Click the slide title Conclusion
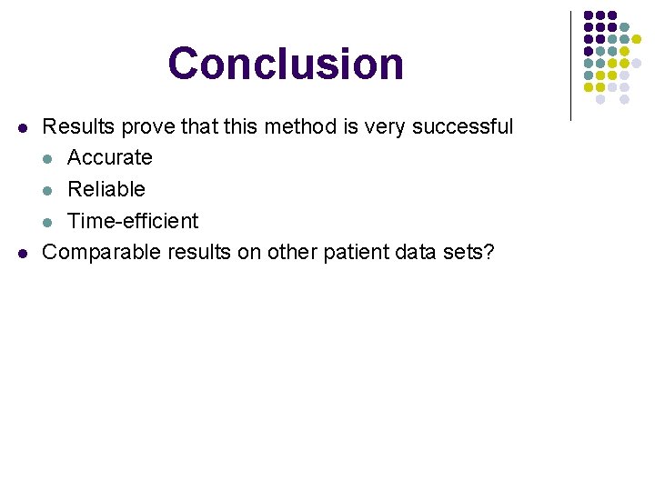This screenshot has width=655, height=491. pyautogui.click(x=286, y=64)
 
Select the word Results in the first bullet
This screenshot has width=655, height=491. pyautogui.click(x=76, y=126)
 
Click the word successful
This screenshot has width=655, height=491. pyautogui.click(x=462, y=126)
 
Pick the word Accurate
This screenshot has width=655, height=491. pyautogui.click(x=109, y=157)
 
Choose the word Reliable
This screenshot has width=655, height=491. pyautogui.click(x=106, y=189)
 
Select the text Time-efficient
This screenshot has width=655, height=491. pyautogui.click(x=133, y=221)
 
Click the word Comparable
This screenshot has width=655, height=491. pyautogui.click(x=103, y=252)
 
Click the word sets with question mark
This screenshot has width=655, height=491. pyautogui.click(x=469, y=252)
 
